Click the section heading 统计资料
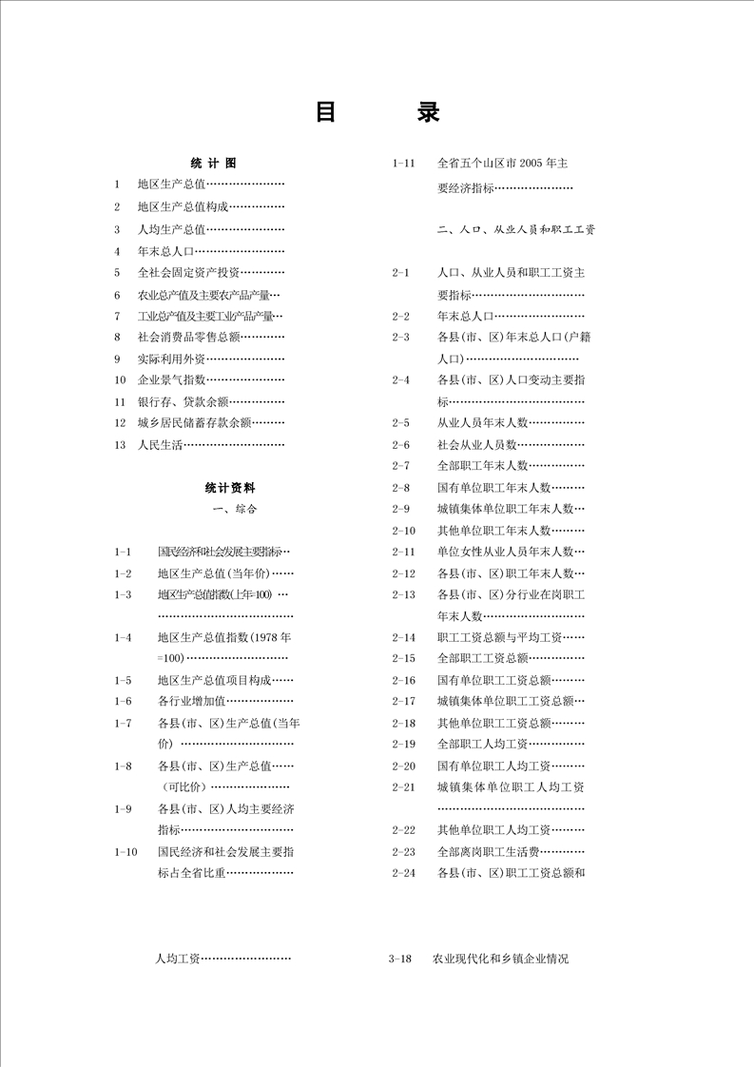229,488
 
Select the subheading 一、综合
236,509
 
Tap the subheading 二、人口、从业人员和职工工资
516,230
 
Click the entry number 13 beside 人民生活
119,444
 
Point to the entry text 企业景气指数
171,379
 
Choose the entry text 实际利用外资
171,359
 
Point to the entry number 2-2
400,316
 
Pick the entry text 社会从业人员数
477,444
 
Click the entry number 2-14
403,637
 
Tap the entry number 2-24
403,873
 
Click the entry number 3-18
399,960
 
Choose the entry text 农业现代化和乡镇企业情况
500,960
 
